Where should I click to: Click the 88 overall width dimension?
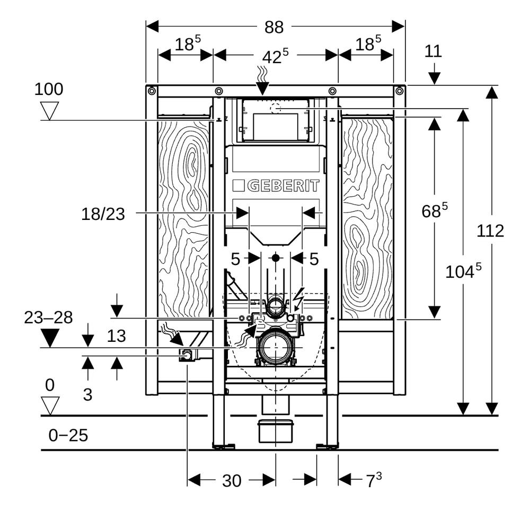point(274,27)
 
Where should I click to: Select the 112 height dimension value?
point(490,231)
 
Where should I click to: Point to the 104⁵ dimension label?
point(463,271)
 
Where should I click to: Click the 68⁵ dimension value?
point(435,210)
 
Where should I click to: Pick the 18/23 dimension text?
point(103,214)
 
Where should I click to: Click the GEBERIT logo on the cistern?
point(276,186)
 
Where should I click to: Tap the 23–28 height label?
point(48,317)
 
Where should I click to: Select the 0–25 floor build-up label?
point(68,435)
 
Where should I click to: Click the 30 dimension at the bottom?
point(232,481)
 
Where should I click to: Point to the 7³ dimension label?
point(374,480)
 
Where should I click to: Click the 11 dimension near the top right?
point(433,51)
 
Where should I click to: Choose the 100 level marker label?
point(49,89)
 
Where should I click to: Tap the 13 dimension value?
point(116,336)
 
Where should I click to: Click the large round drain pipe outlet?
point(276,347)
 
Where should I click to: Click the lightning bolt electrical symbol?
point(298,298)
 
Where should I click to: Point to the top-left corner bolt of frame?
point(152,91)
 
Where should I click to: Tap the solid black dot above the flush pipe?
point(276,258)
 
